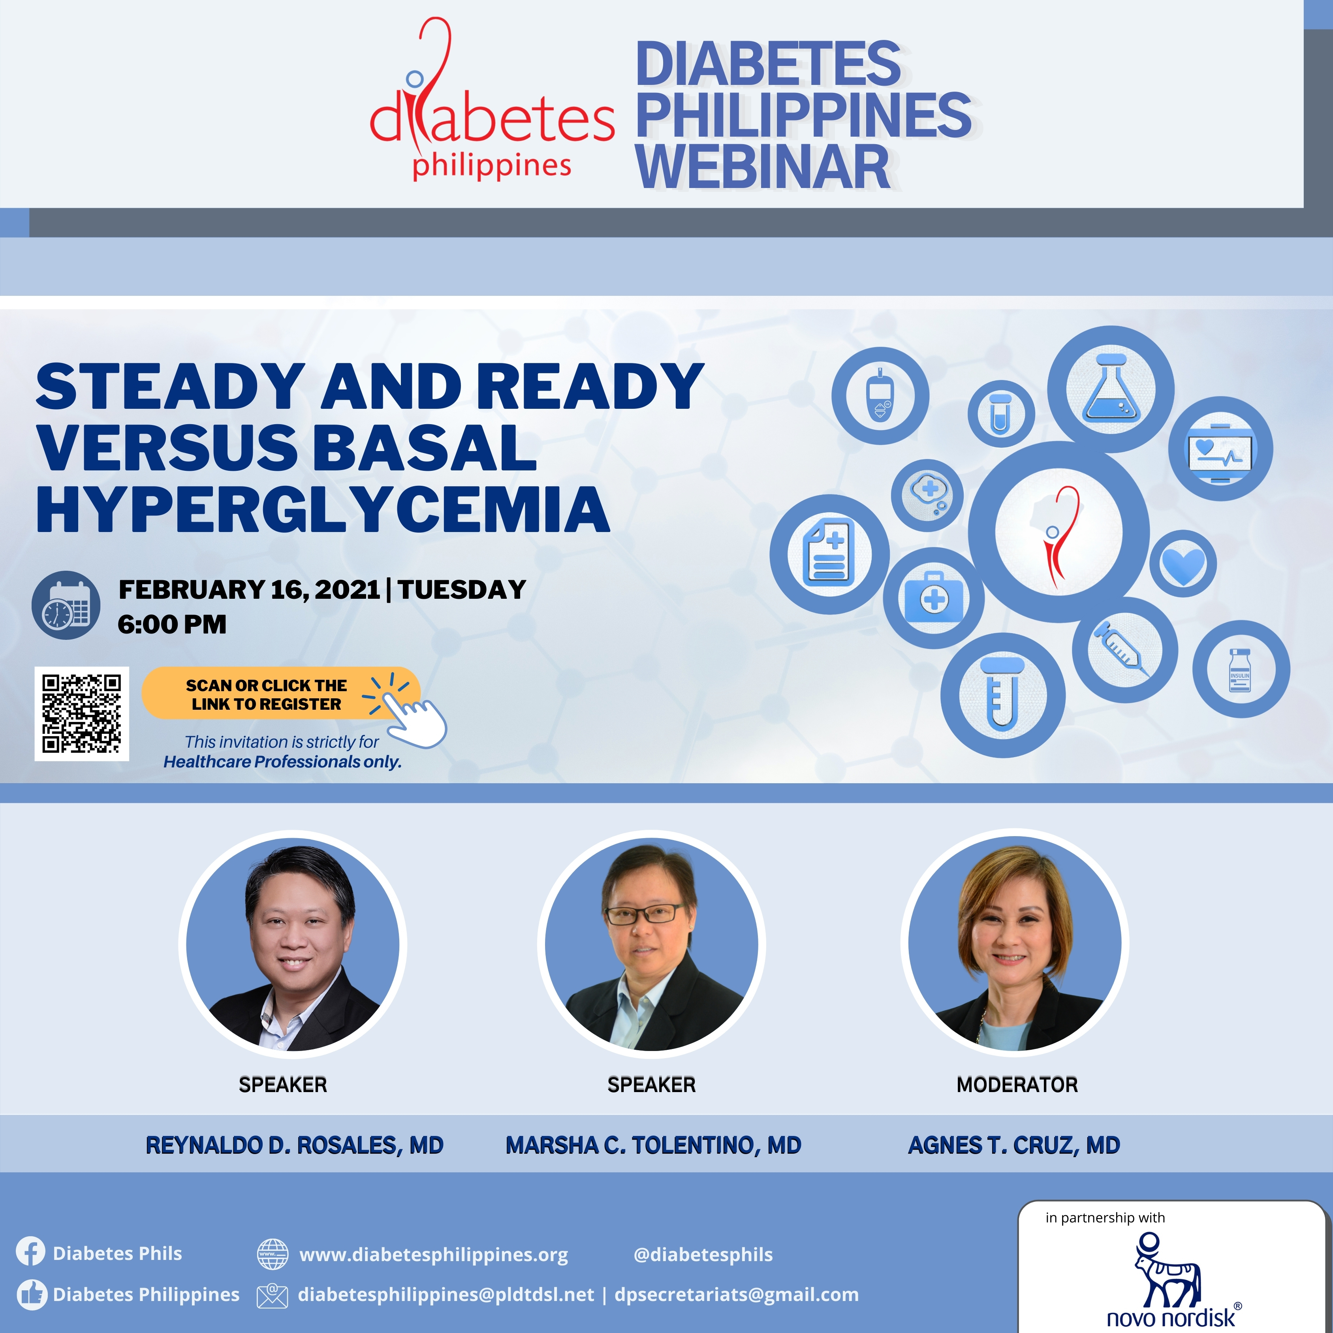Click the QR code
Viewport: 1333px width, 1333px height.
[x=81, y=713]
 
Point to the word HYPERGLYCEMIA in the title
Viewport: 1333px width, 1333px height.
[x=323, y=509]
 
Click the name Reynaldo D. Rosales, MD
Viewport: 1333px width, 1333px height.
[x=295, y=1145]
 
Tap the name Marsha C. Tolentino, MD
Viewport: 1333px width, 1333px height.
[x=653, y=1145]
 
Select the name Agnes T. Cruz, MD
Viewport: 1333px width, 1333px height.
[x=1013, y=1145]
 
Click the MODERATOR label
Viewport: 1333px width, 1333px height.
[x=1017, y=1085]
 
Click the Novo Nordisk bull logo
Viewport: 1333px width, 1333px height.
[x=1168, y=1271]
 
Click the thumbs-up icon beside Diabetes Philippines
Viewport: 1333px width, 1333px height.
[x=30, y=1294]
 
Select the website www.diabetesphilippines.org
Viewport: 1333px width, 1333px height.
[x=433, y=1254]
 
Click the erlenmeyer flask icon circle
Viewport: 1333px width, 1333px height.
[x=1111, y=389]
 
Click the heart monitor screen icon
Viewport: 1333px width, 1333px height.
[x=1220, y=448]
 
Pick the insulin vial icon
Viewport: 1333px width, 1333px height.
[x=1241, y=669]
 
